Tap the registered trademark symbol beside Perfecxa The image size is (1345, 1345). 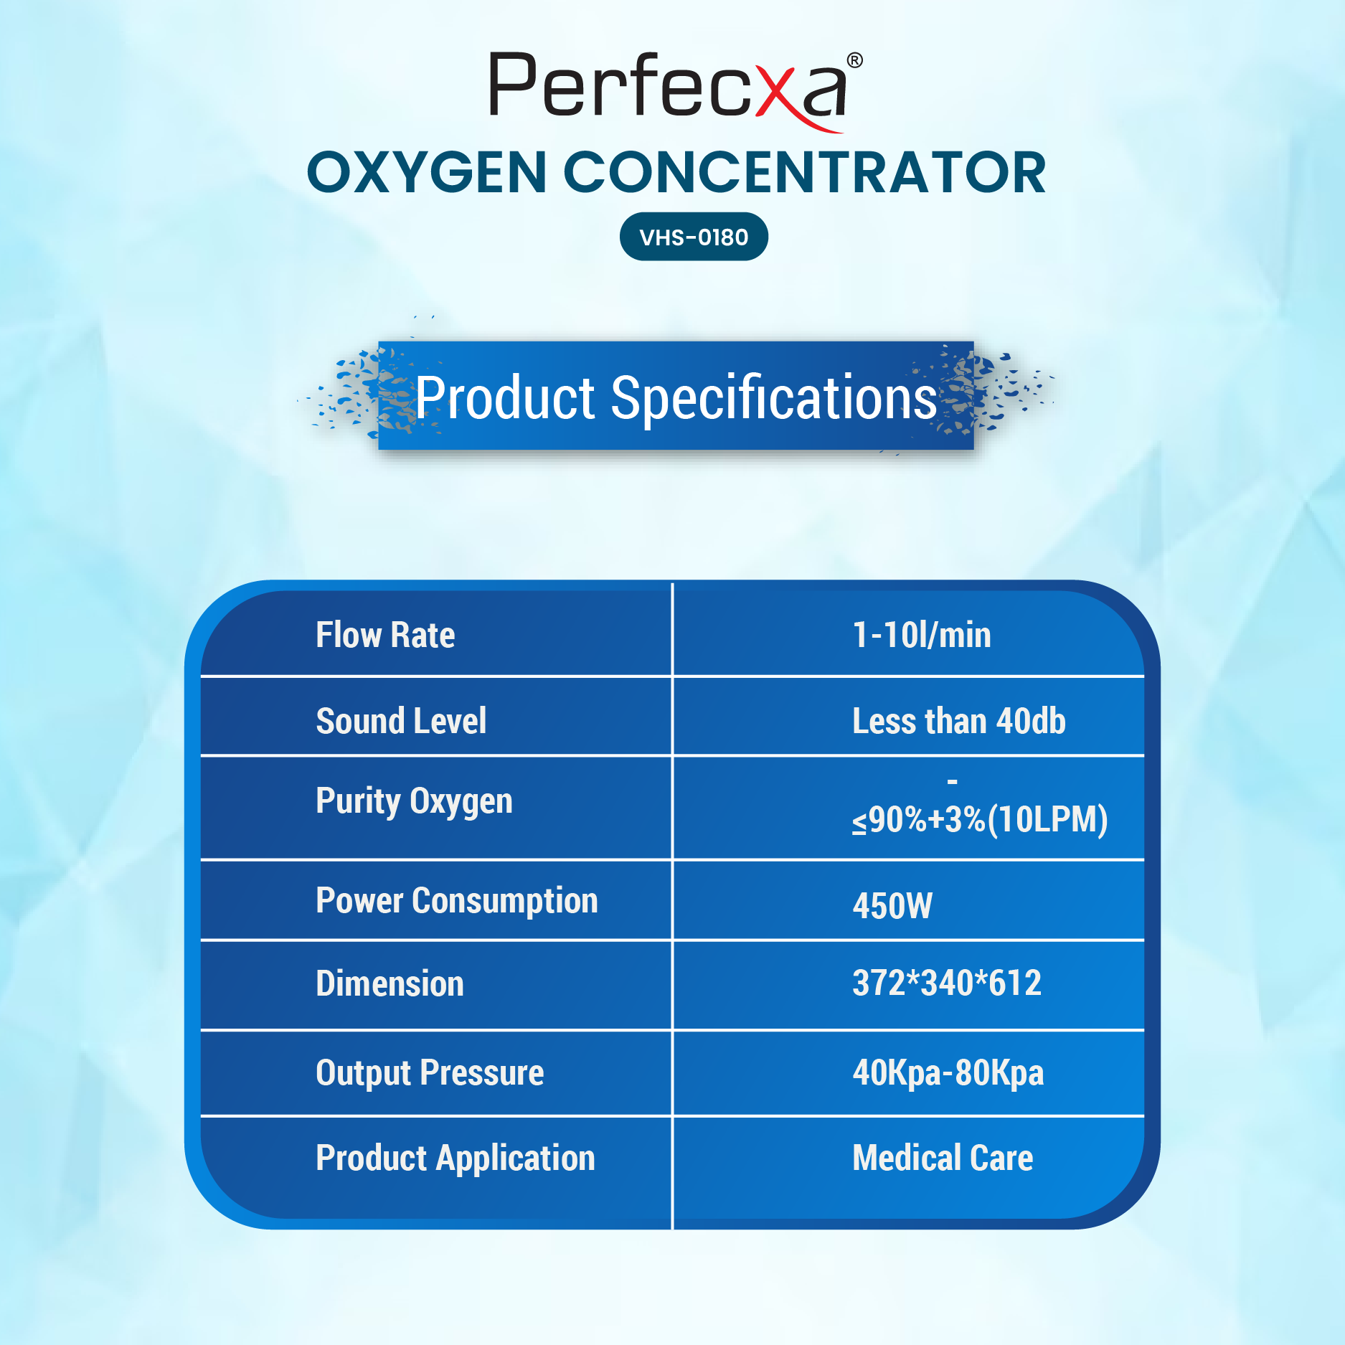click(854, 60)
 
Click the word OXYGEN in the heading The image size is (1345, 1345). click(427, 173)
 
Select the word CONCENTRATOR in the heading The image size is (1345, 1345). click(804, 173)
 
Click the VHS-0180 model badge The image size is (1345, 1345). click(694, 237)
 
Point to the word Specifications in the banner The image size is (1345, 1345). click(773, 398)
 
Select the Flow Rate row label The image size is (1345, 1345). click(385, 635)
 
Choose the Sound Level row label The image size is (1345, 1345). click(401, 721)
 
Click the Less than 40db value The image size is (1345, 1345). click(959, 721)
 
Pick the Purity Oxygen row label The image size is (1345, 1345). click(414, 802)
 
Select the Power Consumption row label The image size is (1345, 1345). click(457, 901)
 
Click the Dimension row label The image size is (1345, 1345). click(390, 983)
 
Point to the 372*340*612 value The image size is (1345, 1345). click(947, 983)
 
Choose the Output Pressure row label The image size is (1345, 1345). click(430, 1074)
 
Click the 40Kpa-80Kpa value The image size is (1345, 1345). click(948, 1074)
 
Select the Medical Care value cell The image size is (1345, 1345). click(943, 1158)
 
